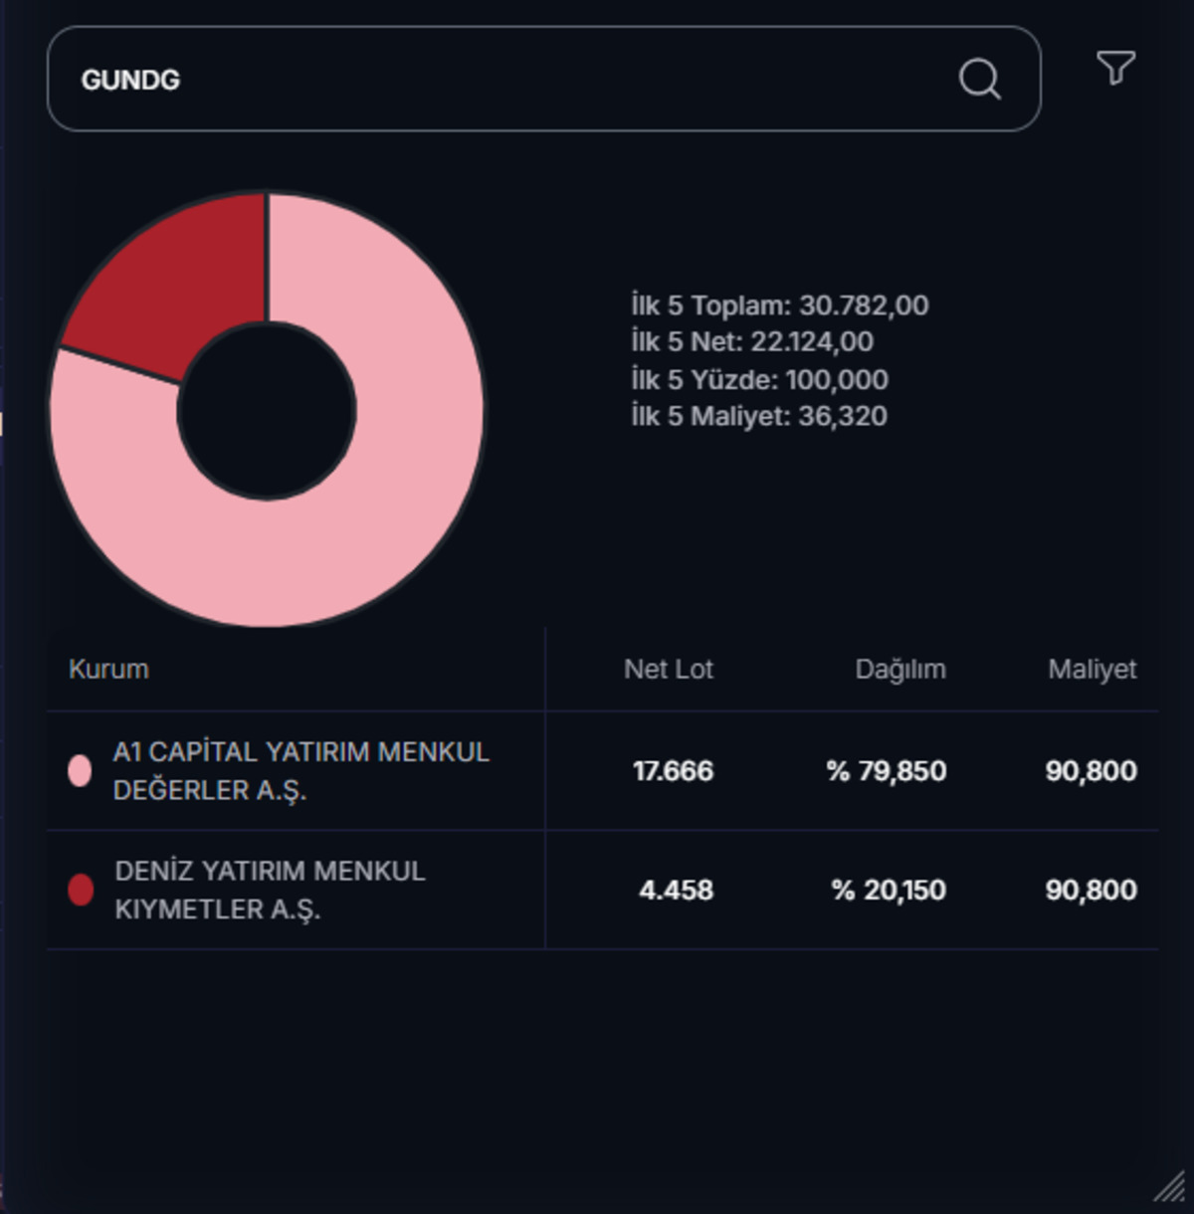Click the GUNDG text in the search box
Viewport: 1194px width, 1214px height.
point(130,80)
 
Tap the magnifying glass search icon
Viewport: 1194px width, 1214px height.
point(980,80)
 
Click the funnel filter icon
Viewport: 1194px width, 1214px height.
point(1115,68)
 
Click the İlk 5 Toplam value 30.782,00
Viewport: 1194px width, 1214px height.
point(864,305)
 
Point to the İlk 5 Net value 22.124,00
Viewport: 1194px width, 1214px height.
point(812,342)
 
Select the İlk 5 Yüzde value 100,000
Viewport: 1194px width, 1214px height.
point(837,380)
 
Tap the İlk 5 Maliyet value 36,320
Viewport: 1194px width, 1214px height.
point(843,416)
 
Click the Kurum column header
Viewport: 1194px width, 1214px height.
point(109,669)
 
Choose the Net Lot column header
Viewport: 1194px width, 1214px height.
point(669,669)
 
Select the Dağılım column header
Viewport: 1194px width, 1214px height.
point(900,670)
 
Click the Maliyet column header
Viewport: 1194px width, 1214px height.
point(1093,670)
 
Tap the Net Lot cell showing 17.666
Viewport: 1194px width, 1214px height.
point(674,771)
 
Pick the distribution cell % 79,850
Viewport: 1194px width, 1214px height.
point(887,771)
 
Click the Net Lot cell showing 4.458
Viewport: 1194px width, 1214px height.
point(676,891)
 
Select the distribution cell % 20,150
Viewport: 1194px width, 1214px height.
point(890,891)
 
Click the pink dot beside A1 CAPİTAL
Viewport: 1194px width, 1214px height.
point(80,770)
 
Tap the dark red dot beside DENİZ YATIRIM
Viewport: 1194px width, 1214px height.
point(80,890)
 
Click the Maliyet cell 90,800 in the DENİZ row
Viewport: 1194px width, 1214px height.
point(1092,891)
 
